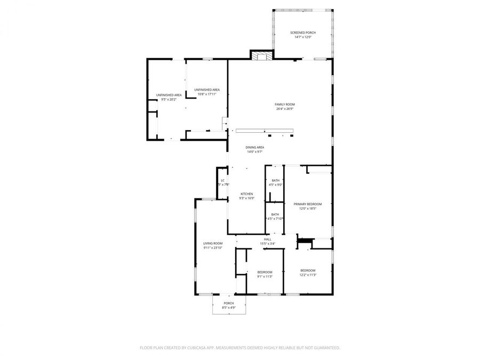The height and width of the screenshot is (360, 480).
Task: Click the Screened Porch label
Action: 302,35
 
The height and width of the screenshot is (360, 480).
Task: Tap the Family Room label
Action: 285,107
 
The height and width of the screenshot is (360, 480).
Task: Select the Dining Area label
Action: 255,149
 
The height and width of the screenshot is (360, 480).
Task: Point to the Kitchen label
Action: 246,196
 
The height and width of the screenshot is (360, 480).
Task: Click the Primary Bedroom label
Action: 308,206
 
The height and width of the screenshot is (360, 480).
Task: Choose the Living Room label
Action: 212,245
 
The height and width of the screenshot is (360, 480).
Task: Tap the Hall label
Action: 267,242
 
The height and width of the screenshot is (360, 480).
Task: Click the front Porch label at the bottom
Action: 228,305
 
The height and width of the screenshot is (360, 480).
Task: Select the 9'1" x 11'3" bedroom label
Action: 265,274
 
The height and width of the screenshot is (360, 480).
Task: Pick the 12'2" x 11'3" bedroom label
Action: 308,272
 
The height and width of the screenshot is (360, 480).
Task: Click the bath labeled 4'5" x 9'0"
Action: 275,182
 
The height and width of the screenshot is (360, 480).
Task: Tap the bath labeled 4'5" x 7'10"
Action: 275,216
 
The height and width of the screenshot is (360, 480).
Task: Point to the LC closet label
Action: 223,182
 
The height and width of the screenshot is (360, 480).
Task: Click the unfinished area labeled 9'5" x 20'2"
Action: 169,97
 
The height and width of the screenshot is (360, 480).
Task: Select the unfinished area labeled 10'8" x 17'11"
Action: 207,92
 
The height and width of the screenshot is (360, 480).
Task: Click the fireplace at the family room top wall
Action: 261,55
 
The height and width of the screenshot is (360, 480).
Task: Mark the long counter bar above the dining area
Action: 265,131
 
